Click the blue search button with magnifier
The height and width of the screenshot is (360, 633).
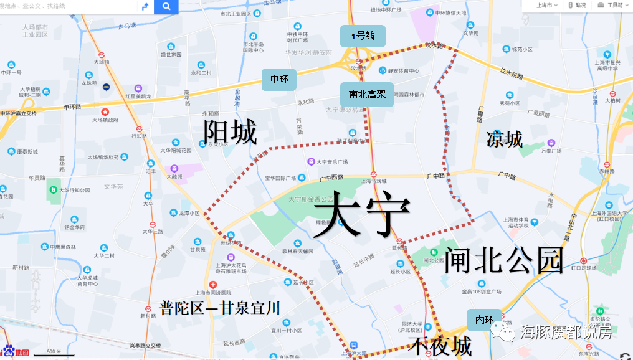(166, 7)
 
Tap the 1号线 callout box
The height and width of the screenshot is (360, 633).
(363, 36)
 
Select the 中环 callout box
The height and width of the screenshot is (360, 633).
(278, 80)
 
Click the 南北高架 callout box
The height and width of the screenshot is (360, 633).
(367, 95)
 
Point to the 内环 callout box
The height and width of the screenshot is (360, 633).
(483, 320)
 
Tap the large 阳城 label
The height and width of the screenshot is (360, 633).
(230, 133)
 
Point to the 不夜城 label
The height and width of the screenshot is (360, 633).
(440, 346)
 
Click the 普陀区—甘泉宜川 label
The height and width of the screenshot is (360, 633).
(220, 308)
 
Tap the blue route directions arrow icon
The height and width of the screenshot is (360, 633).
(145, 7)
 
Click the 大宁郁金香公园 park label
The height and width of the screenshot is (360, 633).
(310, 199)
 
